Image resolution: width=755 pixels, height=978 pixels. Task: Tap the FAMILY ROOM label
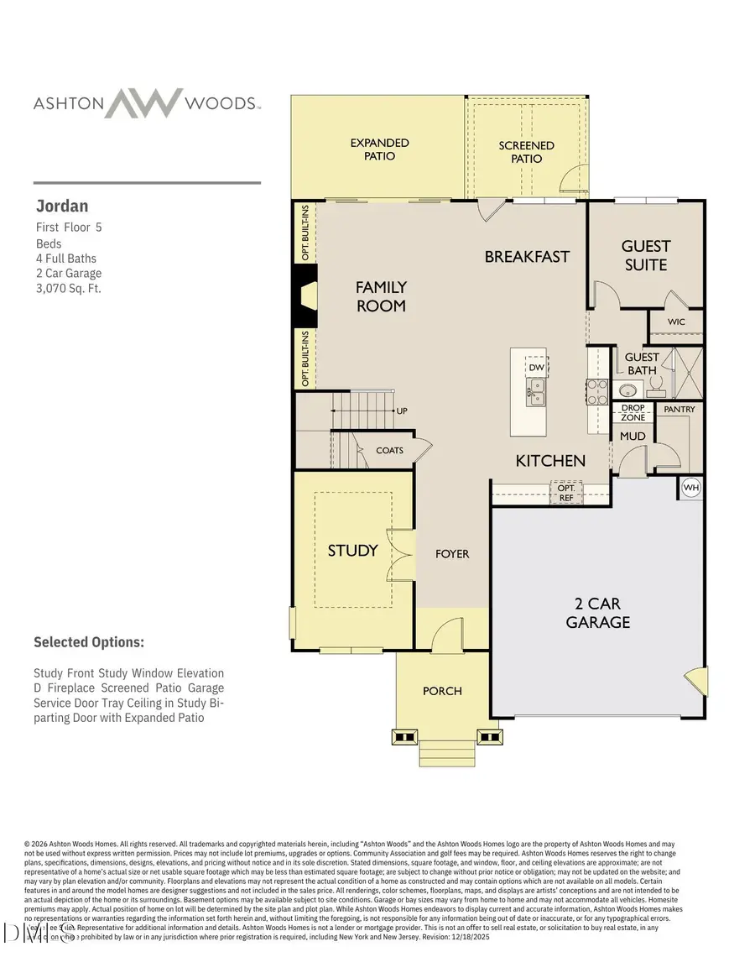(x=381, y=297)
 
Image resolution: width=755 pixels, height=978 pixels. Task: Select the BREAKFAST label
(x=527, y=257)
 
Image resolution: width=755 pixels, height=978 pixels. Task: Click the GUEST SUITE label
(x=645, y=255)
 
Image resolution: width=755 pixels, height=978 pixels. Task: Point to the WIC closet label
(x=676, y=322)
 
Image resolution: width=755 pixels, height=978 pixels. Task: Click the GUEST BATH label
(x=642, y=363)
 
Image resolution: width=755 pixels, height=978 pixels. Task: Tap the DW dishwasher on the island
(x=535, y=367)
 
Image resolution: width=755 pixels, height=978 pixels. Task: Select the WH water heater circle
(x=691, y=488)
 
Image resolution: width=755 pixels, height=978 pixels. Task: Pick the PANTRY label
(x=679, y=410)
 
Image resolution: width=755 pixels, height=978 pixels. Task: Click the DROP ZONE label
(x=633, y=412)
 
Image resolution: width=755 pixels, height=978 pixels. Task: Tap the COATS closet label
(x=389, y=451)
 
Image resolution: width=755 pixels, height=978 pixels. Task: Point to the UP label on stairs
(x=402, y=411)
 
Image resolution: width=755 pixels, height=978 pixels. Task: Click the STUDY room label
(x=352, y=551)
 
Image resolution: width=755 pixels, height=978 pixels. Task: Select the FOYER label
(x=452, y=554)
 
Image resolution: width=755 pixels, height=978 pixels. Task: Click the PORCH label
(x=442, y=691)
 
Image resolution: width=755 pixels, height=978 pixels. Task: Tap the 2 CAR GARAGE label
(x=597, y=613)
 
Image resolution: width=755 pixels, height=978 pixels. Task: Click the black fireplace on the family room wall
(x=303, y=296)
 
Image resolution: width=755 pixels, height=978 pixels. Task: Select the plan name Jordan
(x=61, y=207)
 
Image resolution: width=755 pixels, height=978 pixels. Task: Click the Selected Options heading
(x=88, y=642)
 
